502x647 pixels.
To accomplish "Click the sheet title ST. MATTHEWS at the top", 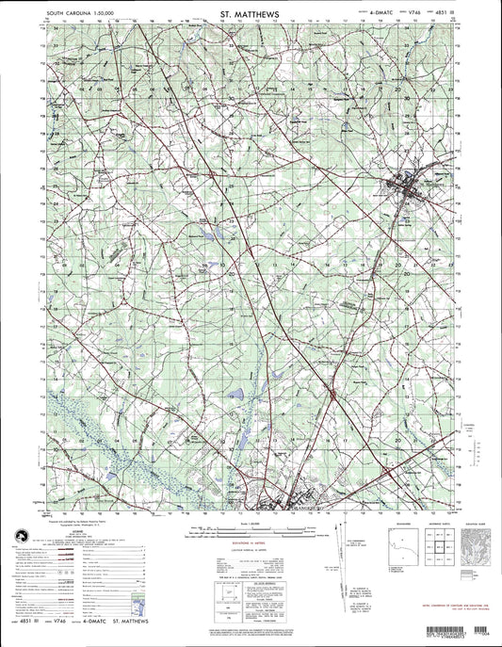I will tap(250, 15).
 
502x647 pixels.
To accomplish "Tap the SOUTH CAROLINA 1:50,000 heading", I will tap(54, 15).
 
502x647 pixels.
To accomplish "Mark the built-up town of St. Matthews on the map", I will tap(413, 193).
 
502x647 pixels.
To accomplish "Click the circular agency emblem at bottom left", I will tap(20, 533).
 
